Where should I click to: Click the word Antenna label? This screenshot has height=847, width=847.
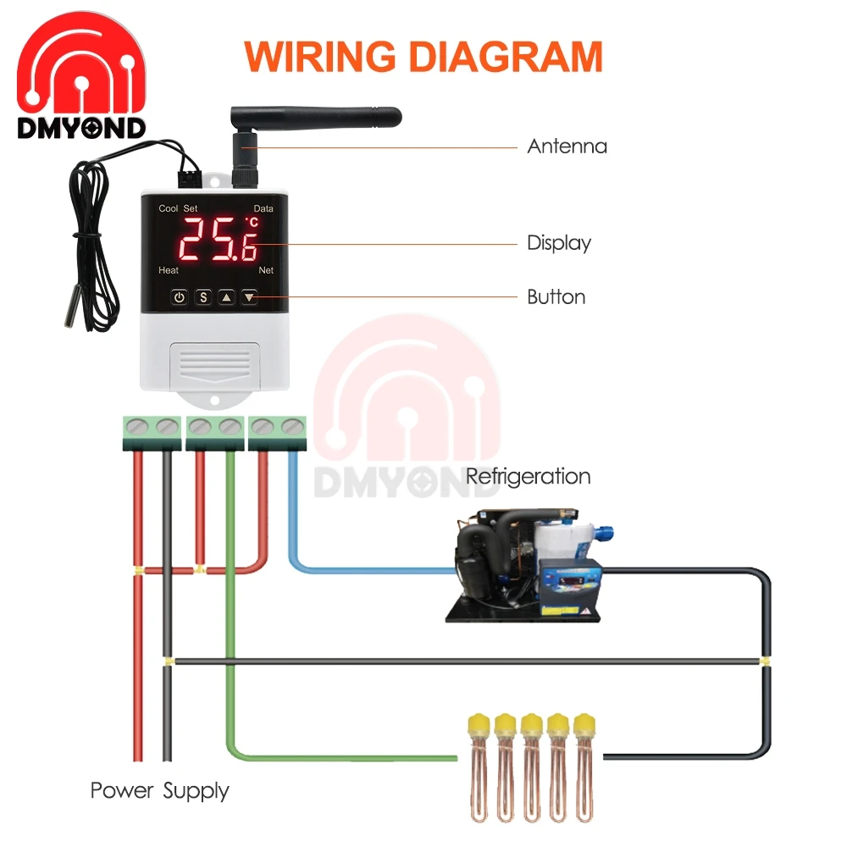click(567, 147)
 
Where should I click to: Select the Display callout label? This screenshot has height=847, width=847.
click(558, 244)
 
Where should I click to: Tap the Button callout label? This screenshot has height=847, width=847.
click(556, 297)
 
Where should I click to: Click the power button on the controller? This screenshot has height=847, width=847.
click(179, 296)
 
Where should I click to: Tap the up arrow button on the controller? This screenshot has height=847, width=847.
click(226, 296)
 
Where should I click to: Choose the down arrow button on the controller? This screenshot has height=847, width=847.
click(249, 296)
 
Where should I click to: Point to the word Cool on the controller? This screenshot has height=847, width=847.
click(169, 208)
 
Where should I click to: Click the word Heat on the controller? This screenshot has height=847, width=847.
click(169, 270)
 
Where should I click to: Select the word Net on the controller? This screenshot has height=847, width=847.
click(266, 270)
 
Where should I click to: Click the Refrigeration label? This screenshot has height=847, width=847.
click(528, 476)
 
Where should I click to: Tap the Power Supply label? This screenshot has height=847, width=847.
click(159, 791)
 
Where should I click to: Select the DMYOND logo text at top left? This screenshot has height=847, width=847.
click(81, 128)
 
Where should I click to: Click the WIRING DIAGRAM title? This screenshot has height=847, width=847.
click(423, 57)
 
